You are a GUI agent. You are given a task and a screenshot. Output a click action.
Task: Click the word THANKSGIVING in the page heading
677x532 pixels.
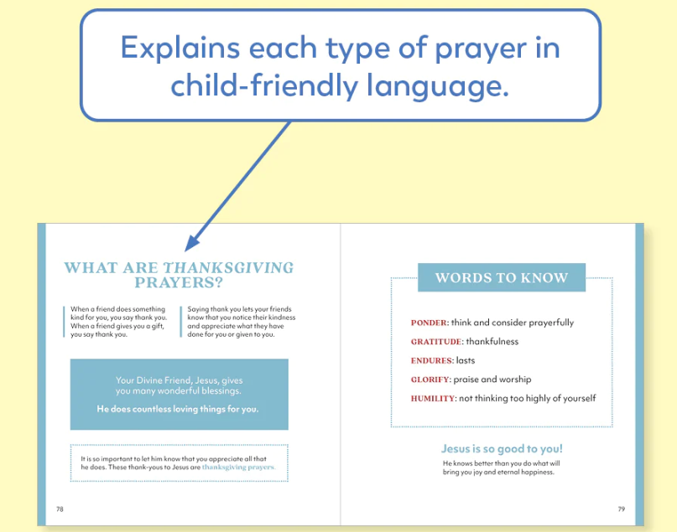228,268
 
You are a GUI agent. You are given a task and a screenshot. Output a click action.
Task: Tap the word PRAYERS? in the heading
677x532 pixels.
179,283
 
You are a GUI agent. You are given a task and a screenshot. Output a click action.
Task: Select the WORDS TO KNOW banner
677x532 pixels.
502,277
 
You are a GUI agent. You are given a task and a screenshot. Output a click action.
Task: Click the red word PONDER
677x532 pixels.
429,323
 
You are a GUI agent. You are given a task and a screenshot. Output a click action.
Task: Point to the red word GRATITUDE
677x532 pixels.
436,342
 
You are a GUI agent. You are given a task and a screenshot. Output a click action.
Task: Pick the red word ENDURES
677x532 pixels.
431,361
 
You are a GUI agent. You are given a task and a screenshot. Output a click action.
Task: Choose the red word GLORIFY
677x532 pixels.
430,380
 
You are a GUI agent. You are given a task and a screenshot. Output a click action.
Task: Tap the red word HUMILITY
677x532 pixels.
433,399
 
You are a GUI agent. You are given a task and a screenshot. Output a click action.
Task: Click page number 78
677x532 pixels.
60,509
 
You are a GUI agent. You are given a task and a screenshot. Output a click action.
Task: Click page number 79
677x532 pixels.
622,509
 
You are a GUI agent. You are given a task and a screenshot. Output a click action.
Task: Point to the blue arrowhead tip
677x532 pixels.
185,251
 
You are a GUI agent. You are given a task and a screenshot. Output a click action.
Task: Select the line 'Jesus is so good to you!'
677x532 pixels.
502,449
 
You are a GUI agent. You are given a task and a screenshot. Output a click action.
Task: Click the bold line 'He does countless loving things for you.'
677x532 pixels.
178,409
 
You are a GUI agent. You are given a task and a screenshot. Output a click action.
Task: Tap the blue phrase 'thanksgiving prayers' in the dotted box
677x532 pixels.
238,467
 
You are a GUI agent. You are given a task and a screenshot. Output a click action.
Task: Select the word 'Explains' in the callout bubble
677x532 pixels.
180,48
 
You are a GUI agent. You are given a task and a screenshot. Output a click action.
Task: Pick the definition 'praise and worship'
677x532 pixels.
492,380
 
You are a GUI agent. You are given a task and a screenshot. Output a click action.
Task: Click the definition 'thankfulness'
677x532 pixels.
492,342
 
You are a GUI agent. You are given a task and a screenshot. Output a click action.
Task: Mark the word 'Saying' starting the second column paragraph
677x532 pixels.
198,309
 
